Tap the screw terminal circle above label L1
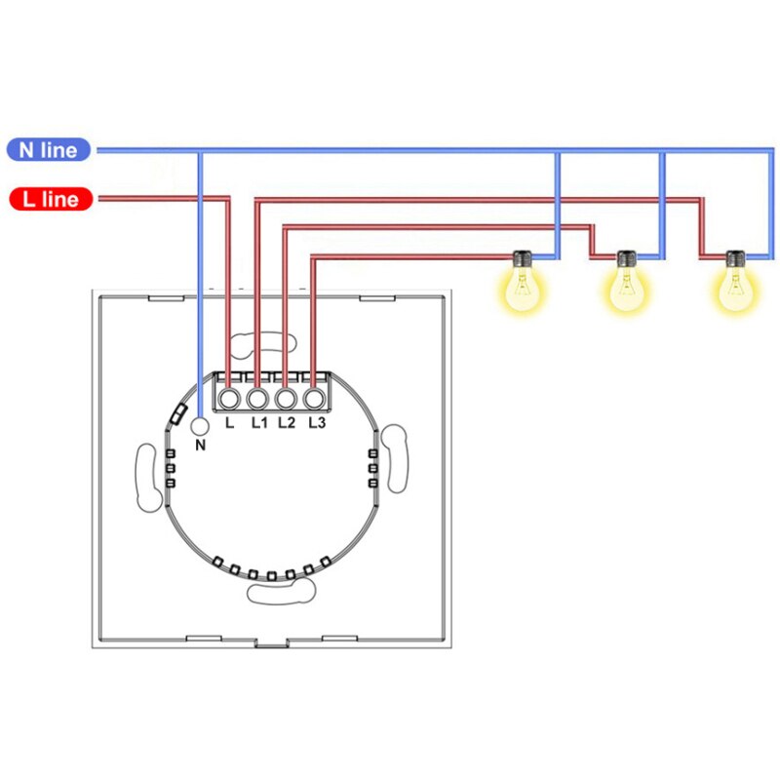(x=257, y=399)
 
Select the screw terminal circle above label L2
(x=286, y=399)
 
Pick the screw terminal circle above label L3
(x=314, y=399)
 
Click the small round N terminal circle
(x=200, y=426)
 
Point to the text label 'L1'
(x=258, y=423)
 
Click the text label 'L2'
(x=287, y=423)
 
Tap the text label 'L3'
(x=315, y=423)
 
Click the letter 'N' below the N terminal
(x=202, y=446)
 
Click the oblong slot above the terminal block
(x=262, y=344)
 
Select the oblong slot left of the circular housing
(x=147, y=477)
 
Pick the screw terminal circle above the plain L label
(x=229, y=399)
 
